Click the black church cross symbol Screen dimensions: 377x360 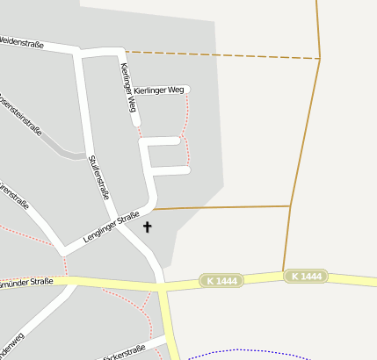click(147, 227)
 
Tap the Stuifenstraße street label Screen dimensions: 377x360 click(98, 176)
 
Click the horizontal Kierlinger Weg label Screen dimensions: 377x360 click(159, 90)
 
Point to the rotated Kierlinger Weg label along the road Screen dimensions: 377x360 click(127, 88)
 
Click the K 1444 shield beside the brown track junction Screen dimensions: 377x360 click(306, 277)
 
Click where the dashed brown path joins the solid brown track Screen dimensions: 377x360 click(320, 59)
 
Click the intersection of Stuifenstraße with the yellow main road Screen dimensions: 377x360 click(162, 286)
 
